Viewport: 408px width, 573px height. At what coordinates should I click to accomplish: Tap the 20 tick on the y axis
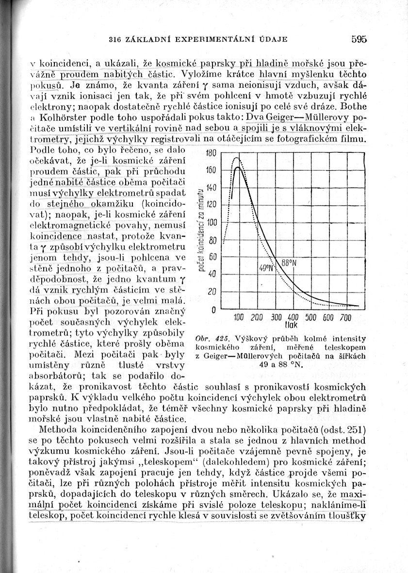click(x=211, y=292)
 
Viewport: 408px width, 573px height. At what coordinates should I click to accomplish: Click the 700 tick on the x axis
click(x=345, y=318)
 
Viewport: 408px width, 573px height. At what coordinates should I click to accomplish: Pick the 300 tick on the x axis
click(x=276, y=318)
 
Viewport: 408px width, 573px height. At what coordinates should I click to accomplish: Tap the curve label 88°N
click(x=288, y=262)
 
